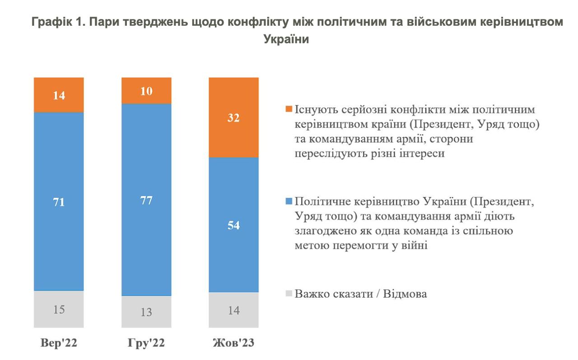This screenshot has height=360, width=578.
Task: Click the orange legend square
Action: click(x=289, y=110)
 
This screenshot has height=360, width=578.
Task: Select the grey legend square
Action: click(x=289, y=294)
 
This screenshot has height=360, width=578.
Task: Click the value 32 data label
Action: click(x=233, y=118)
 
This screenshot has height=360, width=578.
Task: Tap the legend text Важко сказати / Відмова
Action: click(x=361, y=294)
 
